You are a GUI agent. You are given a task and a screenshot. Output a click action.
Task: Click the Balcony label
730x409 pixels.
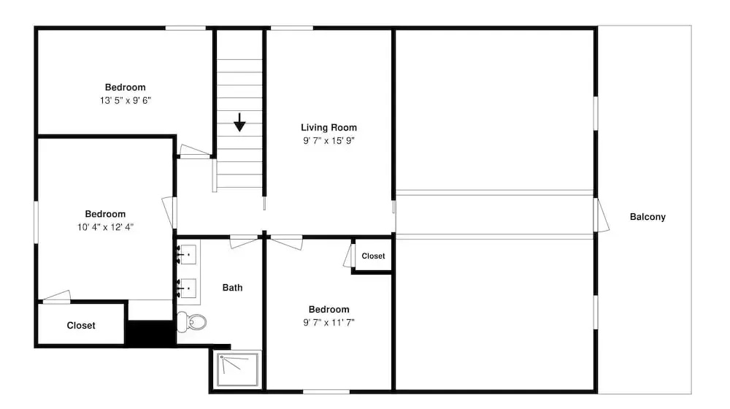point(648,217)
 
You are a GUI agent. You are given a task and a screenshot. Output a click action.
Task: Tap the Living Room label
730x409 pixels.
point(328,128)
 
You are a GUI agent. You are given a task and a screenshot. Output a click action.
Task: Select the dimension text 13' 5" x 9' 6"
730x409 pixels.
point(126,101)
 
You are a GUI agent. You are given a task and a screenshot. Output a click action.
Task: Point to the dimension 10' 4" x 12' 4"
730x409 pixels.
point(105,227)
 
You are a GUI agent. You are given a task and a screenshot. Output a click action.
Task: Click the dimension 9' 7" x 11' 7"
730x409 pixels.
point(328,322)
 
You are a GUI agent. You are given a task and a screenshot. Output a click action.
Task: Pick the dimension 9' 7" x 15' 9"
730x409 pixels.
point(328,141)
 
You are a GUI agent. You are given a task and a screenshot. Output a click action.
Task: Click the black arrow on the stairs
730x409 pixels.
point(239,122)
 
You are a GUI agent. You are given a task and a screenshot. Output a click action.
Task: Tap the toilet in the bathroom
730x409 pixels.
point(191,322)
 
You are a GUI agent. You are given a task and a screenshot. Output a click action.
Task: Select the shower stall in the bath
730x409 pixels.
point(237,370)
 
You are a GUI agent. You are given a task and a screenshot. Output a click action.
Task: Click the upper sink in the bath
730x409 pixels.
point(188,255)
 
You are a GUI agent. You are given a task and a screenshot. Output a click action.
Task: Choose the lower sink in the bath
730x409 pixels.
point(188,288)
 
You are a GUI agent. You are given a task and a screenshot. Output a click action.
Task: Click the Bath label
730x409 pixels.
point(232,288)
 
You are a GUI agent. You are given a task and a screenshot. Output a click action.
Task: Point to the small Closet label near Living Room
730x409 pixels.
point(373,256)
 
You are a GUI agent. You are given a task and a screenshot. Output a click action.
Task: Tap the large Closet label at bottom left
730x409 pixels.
point(81,326)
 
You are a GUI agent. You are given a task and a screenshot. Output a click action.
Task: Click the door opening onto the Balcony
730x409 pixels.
point(601,215)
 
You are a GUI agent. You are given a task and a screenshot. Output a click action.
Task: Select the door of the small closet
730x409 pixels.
point(348,256)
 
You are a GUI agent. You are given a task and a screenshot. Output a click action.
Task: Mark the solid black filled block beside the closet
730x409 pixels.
point(150,332)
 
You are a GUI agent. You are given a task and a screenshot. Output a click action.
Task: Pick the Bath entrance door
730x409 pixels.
point(244,242)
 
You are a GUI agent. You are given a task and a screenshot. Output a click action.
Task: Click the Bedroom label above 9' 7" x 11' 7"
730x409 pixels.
point(328,310)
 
